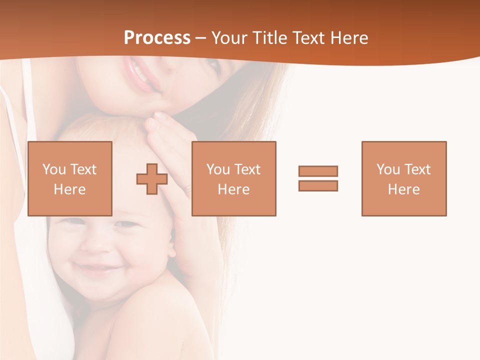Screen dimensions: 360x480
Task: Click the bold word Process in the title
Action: [x=157, y=38]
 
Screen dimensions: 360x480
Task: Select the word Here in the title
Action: [x=349, y=38]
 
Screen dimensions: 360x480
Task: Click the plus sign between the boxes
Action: [x=152, y=179]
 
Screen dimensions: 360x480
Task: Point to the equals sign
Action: [x=318, y=178]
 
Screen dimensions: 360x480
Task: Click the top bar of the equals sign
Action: [x=318, y=171]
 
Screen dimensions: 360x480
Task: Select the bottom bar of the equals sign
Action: [x=318, y=185]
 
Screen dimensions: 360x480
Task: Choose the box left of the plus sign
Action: [x=70, y=178]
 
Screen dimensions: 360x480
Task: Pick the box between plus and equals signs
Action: [x=233, y=178]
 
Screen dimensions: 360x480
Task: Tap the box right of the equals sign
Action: [x=404, y=178]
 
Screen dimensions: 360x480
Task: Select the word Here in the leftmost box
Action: [x=70, y=189]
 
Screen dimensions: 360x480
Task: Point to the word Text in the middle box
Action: [x=248, y=169]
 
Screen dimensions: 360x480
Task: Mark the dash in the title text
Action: [x=200, y=38]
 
